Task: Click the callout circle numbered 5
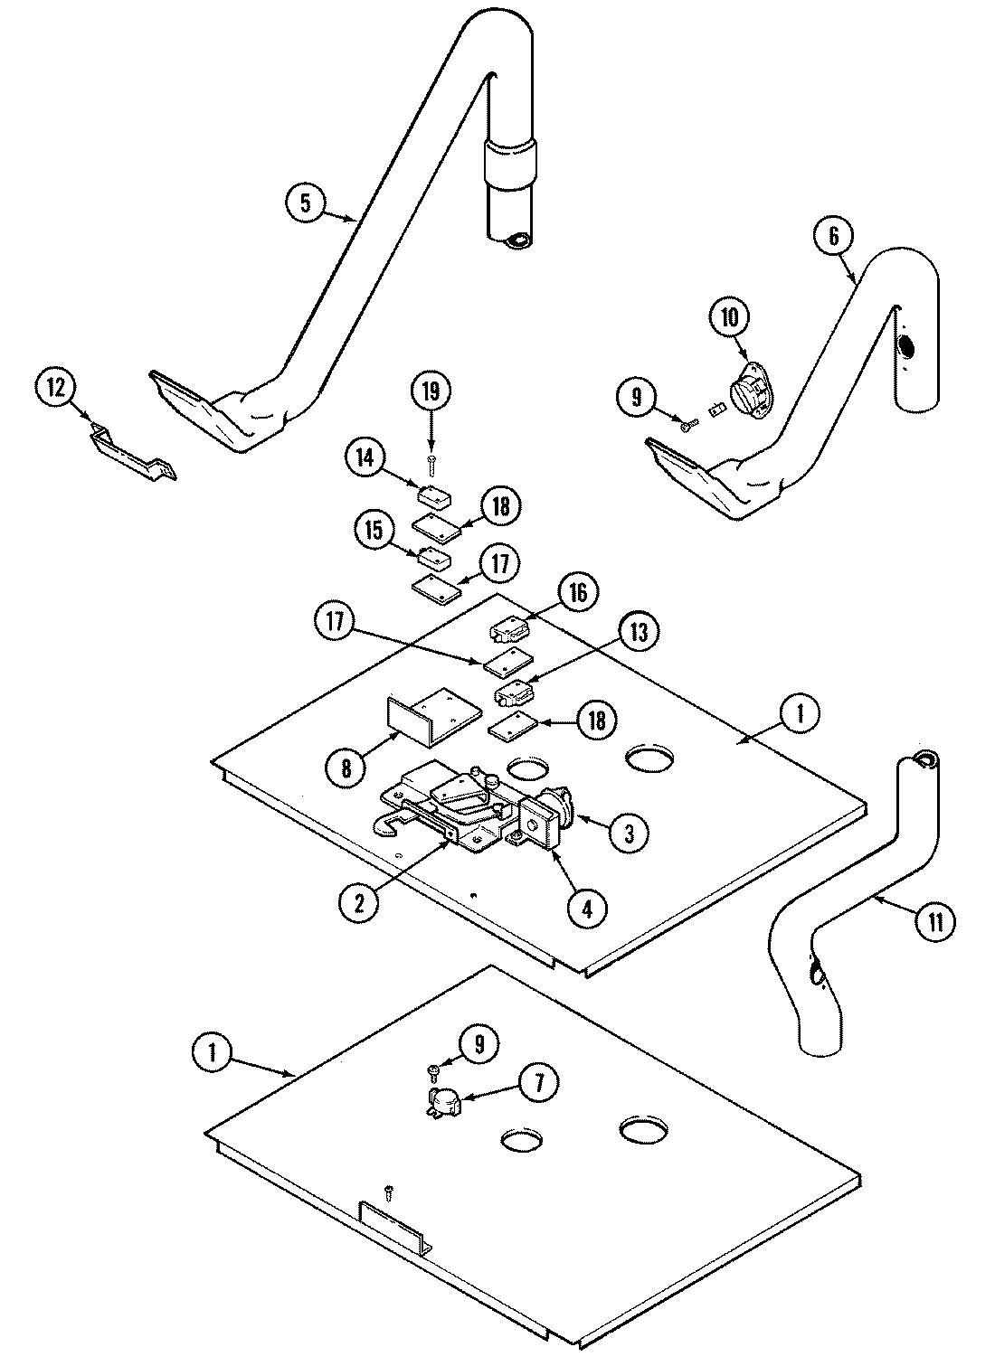point(306,203)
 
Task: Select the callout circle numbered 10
point(729,316)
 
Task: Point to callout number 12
point(56,388)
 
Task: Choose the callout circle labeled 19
point(431,391)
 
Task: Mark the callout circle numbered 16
point(579,593)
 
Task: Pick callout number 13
point(640,633)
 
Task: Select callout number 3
point(628,833)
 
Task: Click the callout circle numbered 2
point(360,903)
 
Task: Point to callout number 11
point(933,922)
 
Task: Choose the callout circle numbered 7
point(539,1084)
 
